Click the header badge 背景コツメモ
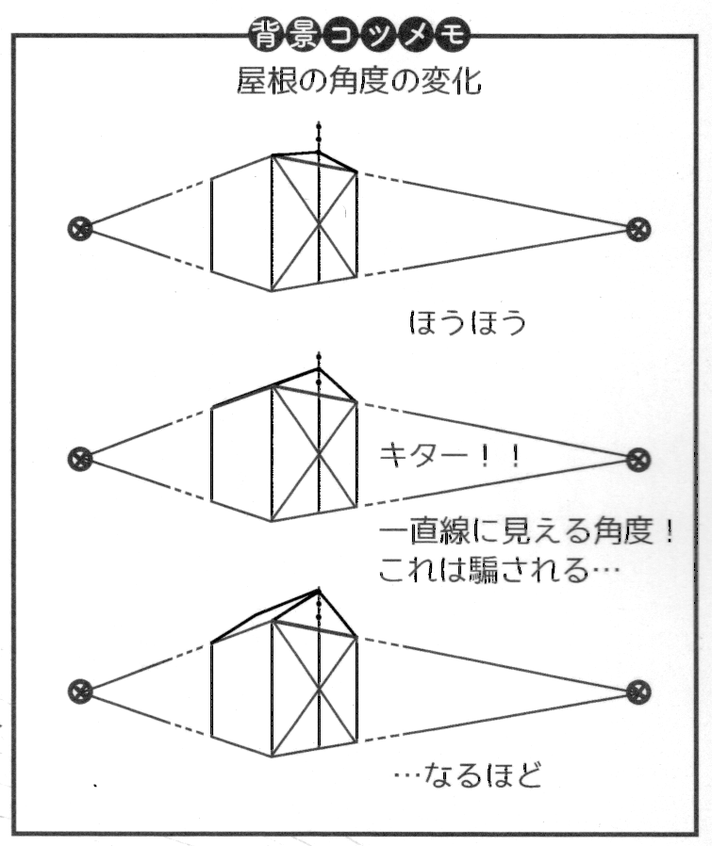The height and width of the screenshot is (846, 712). [357, 37]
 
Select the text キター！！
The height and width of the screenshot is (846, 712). [448, 457]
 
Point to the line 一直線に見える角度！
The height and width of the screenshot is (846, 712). [525, 534]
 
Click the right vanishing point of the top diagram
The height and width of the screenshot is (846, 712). [639, 227]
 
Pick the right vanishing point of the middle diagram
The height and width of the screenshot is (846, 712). [639, 460]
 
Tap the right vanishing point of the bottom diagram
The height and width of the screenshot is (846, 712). [639, 691]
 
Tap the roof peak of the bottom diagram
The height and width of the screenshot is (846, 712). [317, 591]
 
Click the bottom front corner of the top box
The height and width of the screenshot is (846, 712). [272, 291]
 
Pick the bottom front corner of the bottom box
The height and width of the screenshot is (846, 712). [272, 756]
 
